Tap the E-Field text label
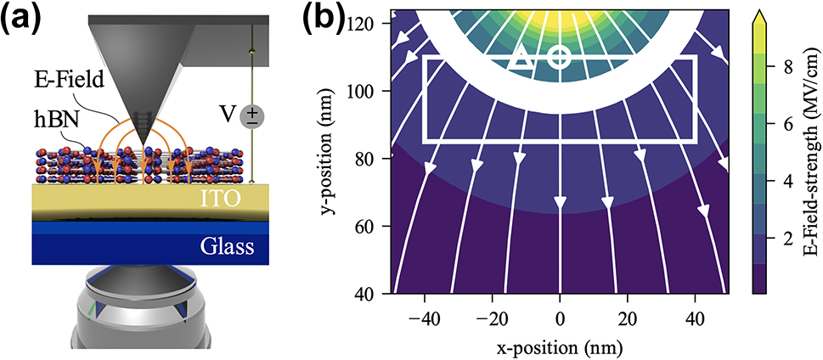coord(67,82)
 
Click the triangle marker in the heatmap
coord(521,59)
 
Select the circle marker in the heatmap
coord(559,58)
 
